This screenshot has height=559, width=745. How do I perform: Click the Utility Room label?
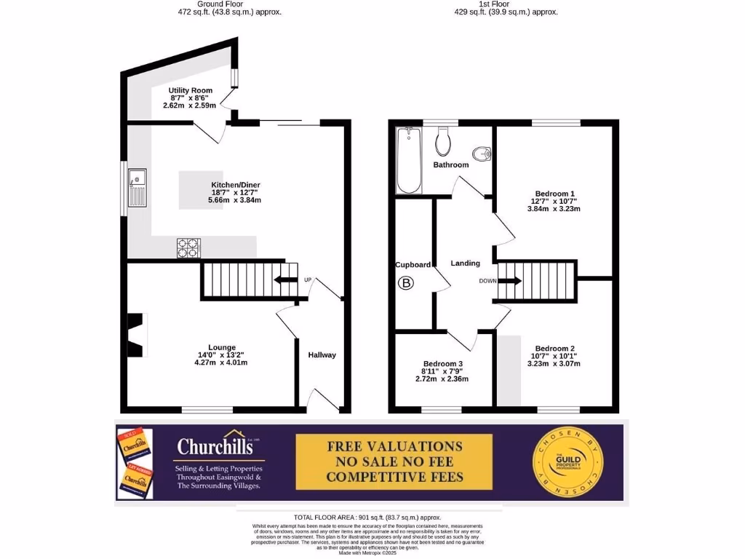click(x=190, y=91)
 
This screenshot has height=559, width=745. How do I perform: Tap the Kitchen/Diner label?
click(x=235, y=185)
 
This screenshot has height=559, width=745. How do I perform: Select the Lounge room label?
click(x=222, y=347)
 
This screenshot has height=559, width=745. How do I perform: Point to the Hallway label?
click(x=322, y=355)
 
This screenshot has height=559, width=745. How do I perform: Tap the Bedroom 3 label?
click(x=442, y=364)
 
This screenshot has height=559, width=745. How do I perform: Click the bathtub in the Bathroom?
click(x=410, y=160)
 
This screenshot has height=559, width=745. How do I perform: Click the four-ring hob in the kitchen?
click(x=188, y=248)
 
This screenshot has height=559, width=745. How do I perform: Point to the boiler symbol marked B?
click(x=406, y=283)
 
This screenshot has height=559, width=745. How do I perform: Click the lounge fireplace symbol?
click(x=136, y=335)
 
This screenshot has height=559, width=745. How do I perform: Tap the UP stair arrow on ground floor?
click(x=285, y=280)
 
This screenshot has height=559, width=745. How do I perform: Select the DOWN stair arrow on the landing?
click(x=509, y=281)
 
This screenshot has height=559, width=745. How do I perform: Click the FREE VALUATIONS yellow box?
click(x=394, y=461)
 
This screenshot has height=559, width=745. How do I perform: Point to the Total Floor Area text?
click(x=367, y=516)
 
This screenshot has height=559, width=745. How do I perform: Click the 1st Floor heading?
click(x=495, y=4)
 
